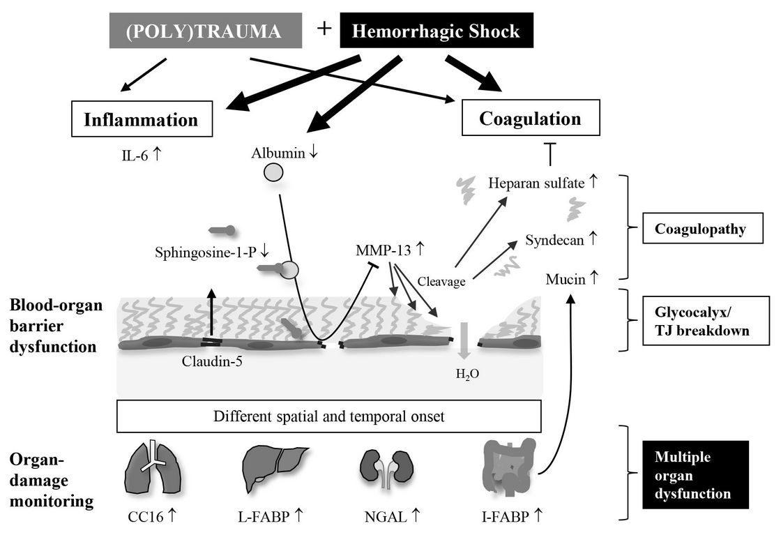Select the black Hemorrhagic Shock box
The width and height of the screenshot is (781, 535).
[x=437, y=31]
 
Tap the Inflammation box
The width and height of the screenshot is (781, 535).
[x=141, y=119]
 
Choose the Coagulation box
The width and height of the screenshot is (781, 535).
[x=530, y=119]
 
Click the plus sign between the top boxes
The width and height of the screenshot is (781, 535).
[x=324, y=29]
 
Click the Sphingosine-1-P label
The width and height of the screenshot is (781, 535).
[x=203, y=252]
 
